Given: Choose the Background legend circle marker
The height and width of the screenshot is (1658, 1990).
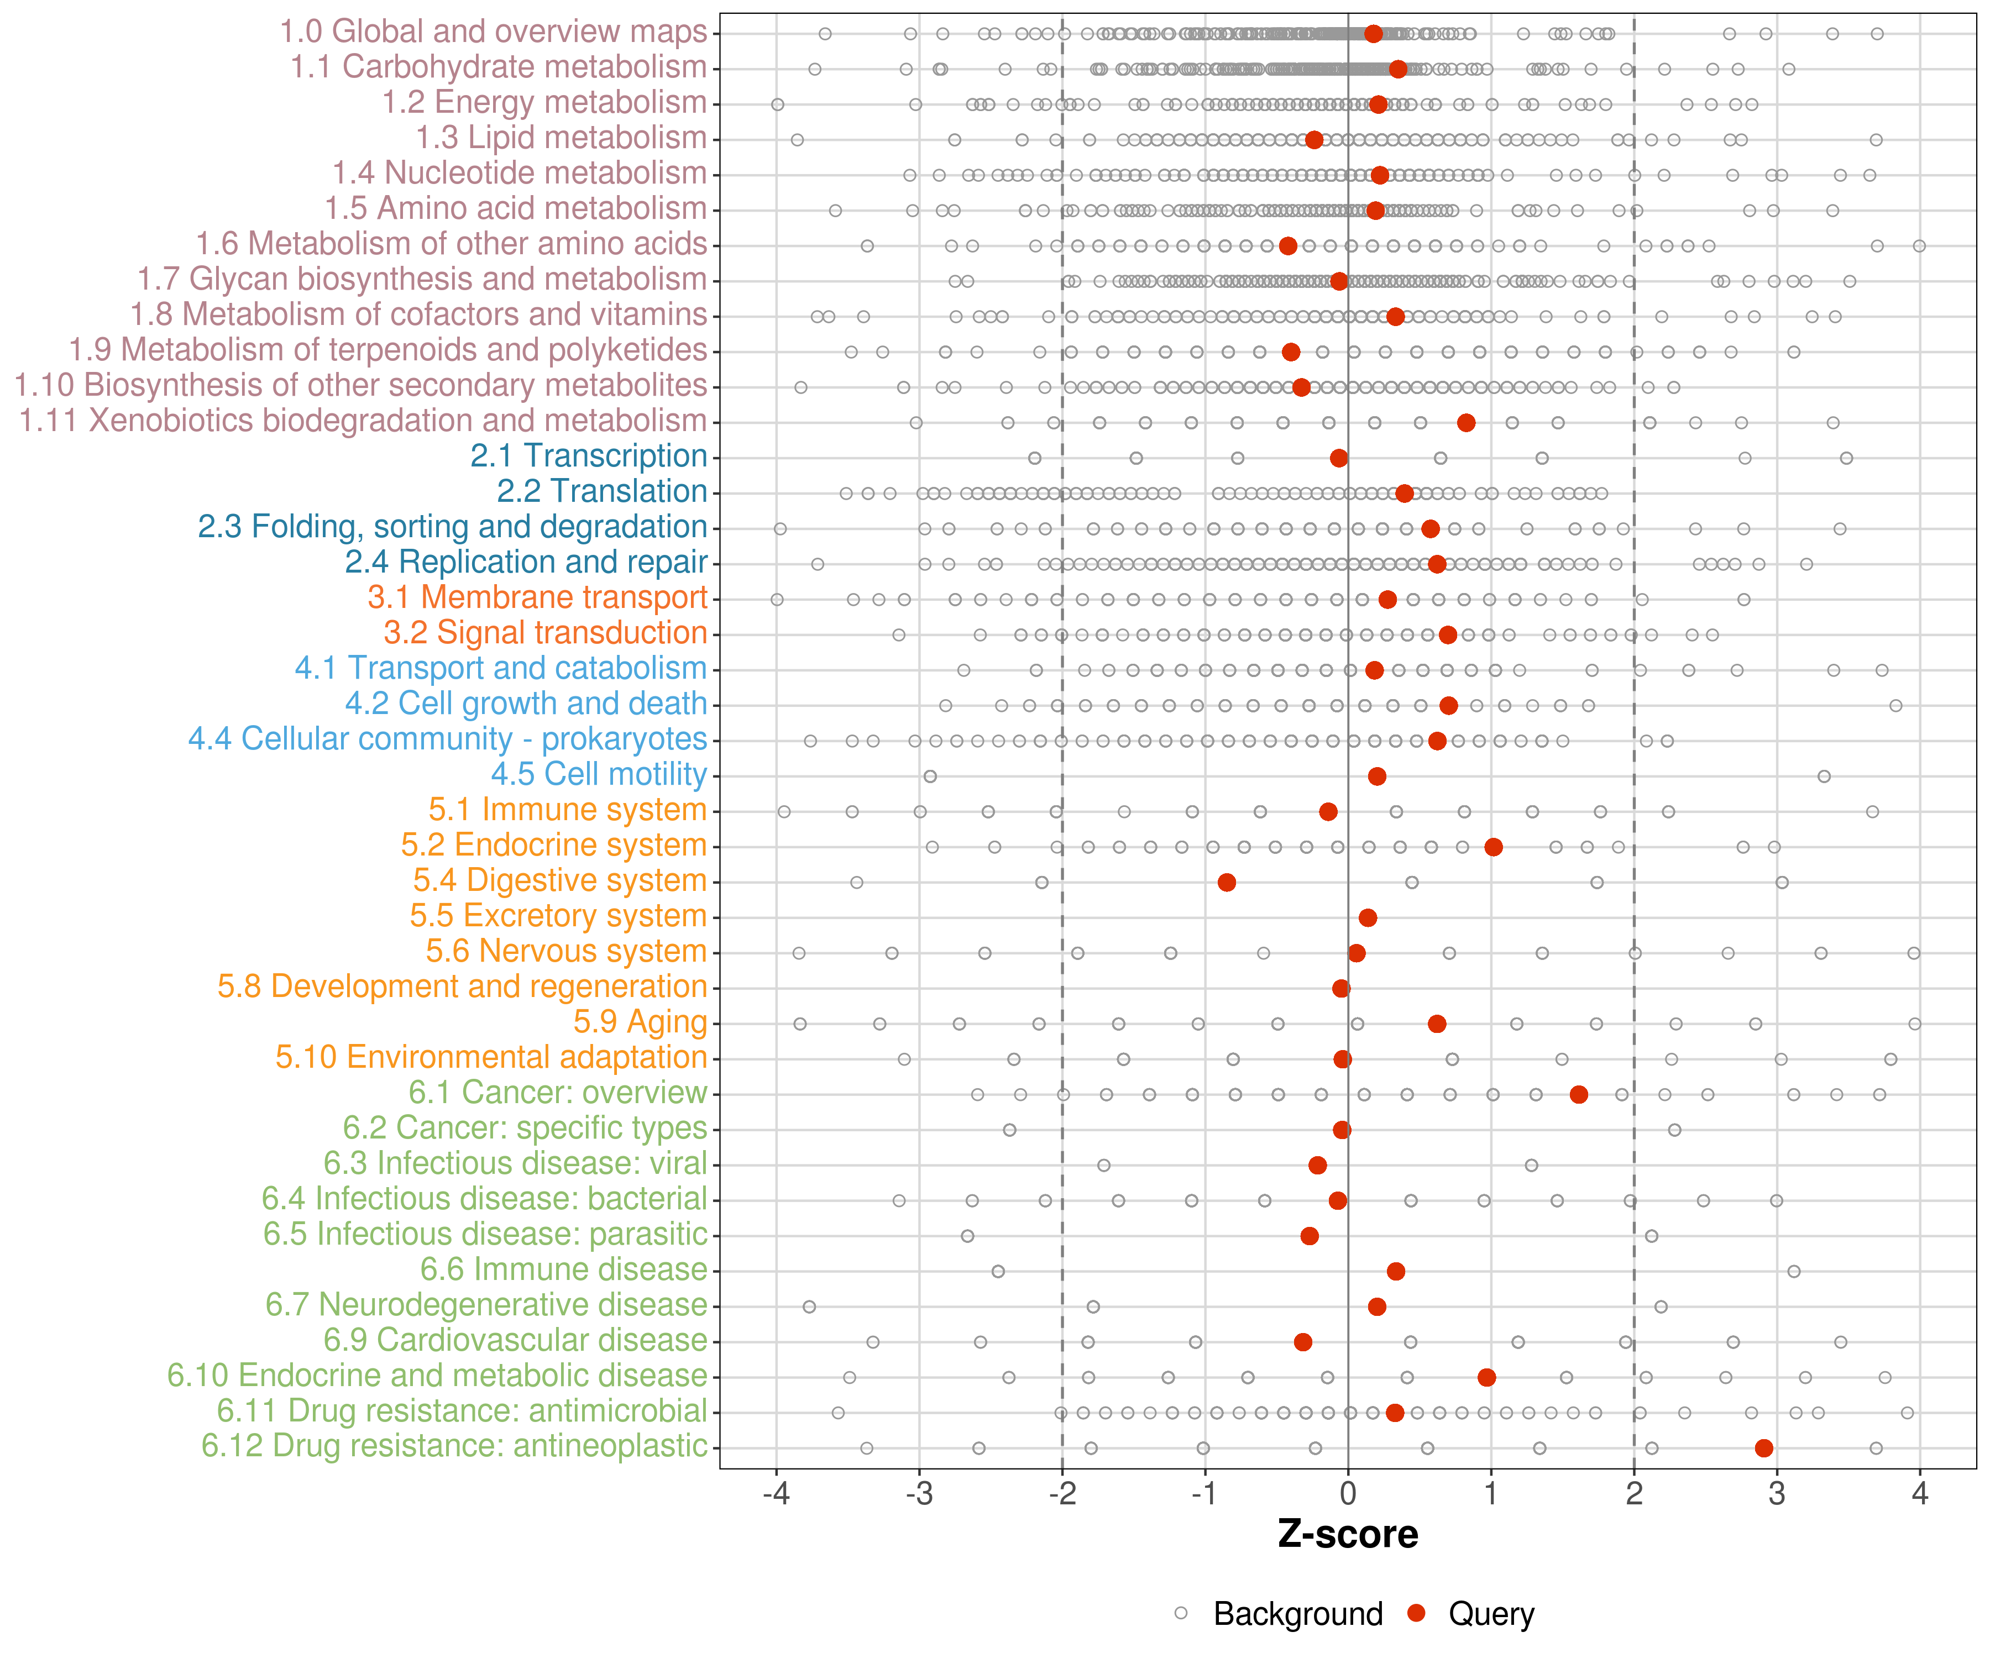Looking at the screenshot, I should tap(1181, 1613).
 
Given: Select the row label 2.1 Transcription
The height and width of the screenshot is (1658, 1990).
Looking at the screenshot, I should tap(589, 456).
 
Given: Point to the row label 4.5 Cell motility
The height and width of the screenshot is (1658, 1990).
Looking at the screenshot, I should tap(599, 774).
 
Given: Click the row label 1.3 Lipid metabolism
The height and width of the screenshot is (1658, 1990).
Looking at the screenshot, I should tap(561, 138).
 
